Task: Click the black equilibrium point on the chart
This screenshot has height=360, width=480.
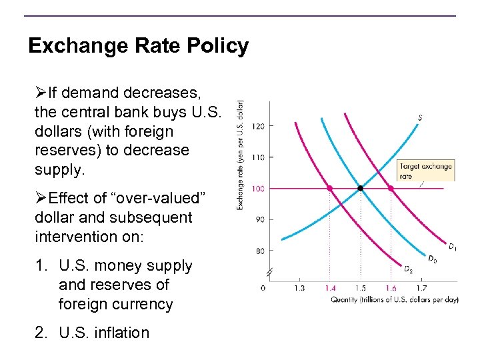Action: coord(361,189)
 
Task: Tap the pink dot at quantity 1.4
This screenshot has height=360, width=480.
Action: coord(330,189)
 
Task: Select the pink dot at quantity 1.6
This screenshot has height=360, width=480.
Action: coord(391,189)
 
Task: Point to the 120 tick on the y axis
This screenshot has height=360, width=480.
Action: coord(259,126)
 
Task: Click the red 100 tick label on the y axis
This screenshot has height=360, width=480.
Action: coord(259,189)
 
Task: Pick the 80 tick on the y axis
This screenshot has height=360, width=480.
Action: coord(259,251)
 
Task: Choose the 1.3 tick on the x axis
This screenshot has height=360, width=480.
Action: coord(299,288)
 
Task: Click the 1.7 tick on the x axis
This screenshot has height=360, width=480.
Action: coord(421,288)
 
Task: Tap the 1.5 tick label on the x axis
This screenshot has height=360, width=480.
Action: coord(361,288)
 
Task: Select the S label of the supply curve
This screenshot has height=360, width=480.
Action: coord(420,118)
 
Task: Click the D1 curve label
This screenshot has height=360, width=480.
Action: coord(452,247)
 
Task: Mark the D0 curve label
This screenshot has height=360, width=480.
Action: coord(432,259)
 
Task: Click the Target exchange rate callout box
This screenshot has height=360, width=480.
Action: coord(425,171)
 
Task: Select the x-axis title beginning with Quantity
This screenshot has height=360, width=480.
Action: coord(394,299)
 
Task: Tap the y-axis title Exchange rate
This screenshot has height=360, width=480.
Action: coord(240,155)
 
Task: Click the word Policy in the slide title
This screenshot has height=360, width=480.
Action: coord(214,46)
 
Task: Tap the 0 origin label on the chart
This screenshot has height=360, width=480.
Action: coord(262,288)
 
